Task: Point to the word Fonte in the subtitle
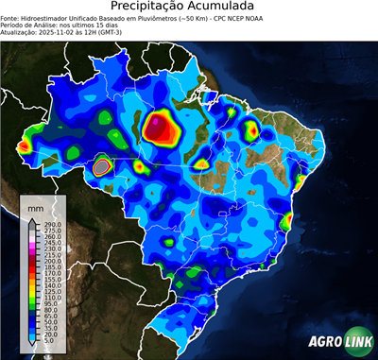(x=11, y=18)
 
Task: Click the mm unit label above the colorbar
(x=35, y=206)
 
